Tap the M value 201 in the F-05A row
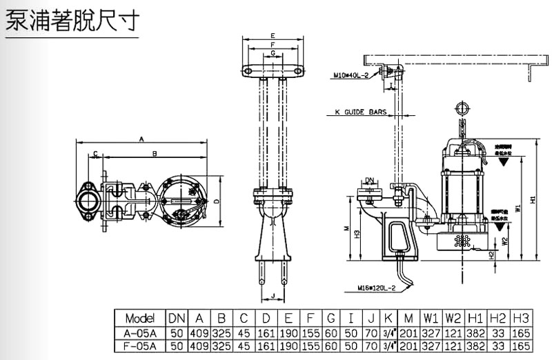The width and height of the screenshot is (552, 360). pos(409,346)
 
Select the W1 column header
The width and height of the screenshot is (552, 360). pos(431,318)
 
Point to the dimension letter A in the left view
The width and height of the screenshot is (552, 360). pos(141,139)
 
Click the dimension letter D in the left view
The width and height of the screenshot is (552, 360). pos(216,202)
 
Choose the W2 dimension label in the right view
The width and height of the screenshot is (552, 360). pos(505,241)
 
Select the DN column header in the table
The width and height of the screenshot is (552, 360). pos(176,318)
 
